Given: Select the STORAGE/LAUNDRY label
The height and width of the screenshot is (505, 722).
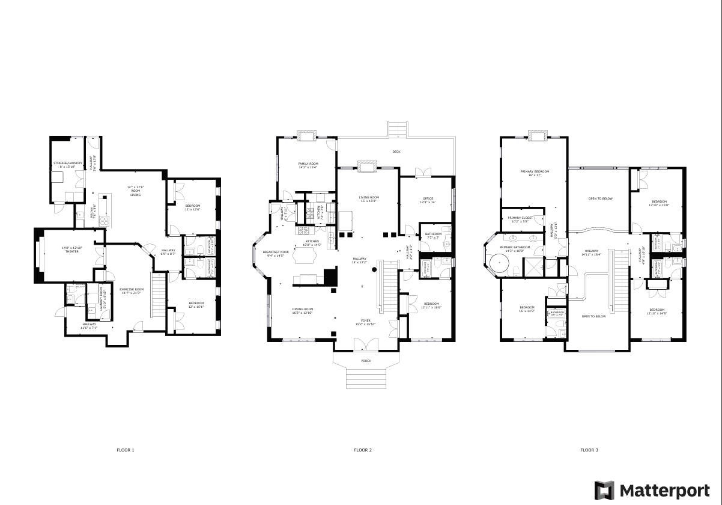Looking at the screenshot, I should (67, 163).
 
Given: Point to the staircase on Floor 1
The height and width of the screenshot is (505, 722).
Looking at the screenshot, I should (157, 295).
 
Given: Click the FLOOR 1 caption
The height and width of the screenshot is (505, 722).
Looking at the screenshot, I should (126, 450).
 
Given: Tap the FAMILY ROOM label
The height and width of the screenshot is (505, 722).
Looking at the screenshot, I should (308, 164).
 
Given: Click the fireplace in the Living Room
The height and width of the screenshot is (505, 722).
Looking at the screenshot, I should (365, 165).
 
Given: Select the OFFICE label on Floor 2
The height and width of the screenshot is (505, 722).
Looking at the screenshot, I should (427, 198).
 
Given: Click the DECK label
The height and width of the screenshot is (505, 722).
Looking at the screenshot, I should (396, 151).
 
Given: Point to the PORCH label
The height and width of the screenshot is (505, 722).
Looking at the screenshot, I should (366, 361).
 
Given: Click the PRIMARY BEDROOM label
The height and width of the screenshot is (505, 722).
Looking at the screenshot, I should (534, 171).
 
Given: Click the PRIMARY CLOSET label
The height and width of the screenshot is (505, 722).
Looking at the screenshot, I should (520, 218).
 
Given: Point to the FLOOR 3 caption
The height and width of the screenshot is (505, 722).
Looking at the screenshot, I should (589, 450).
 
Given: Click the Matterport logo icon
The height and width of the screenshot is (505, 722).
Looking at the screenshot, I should (604, 490).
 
